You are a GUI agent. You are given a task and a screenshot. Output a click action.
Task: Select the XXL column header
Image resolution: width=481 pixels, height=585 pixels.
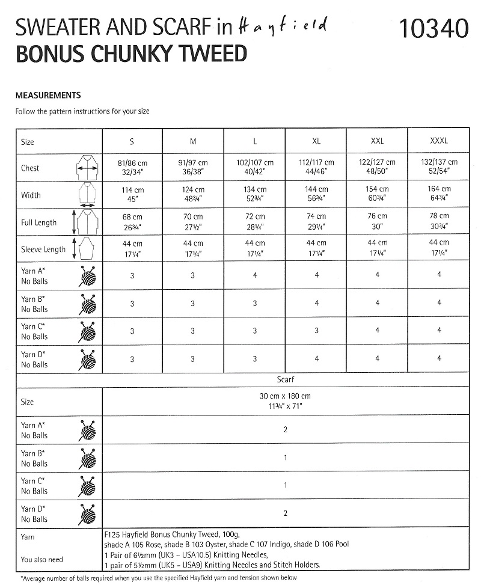click(377, 141)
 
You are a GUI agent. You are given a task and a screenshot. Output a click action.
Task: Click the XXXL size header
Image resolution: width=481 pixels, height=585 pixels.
click(439, 141)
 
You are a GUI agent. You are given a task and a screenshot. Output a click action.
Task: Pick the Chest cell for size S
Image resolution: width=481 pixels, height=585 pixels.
click(133, 167)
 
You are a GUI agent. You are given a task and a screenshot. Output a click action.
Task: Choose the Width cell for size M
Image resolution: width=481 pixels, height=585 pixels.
click(194, 194)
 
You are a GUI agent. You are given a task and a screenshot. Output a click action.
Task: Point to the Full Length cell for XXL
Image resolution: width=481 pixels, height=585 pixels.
click(377, 221)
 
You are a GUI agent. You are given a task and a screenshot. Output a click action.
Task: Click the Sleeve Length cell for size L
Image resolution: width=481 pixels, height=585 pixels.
click(255, 248)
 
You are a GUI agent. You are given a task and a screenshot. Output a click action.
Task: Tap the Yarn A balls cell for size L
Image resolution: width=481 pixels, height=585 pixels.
click(255, 275)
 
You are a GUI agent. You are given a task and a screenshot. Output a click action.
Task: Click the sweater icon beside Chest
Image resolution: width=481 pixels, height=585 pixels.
click(88, 168)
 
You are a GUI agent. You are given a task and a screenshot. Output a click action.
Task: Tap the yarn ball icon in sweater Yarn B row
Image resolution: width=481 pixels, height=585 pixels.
click(87, 304)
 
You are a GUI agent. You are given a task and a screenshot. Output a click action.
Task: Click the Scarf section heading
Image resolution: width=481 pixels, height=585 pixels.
click(285, 380)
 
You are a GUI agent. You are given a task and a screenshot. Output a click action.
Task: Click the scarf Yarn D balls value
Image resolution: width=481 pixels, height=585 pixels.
click(285, 513)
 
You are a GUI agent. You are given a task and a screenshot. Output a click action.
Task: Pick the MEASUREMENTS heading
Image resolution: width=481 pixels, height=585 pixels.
click(48, 95)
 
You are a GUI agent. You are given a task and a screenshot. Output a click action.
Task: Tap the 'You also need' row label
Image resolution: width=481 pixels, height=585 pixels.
click(42, 560)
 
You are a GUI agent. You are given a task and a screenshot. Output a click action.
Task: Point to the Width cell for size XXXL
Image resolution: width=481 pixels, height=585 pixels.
click(439, 194)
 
